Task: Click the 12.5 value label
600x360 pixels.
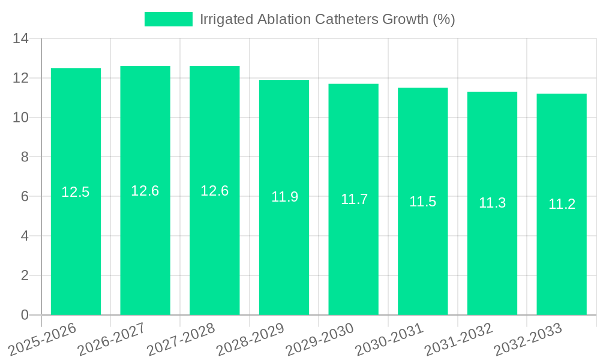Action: pos(76,192)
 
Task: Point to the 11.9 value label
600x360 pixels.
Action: pos(284,197)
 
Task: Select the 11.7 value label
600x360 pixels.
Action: pos(354,199)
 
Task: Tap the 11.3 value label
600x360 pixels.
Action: pos(492,203)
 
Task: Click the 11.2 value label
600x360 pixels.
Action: pos(562,204)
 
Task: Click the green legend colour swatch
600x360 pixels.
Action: pos(168,19)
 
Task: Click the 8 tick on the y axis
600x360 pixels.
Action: pos(25,157)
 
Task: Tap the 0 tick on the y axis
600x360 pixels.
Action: pos(25,315)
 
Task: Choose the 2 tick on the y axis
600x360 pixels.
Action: pos(25,275)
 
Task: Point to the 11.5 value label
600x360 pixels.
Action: pos(422,202)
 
